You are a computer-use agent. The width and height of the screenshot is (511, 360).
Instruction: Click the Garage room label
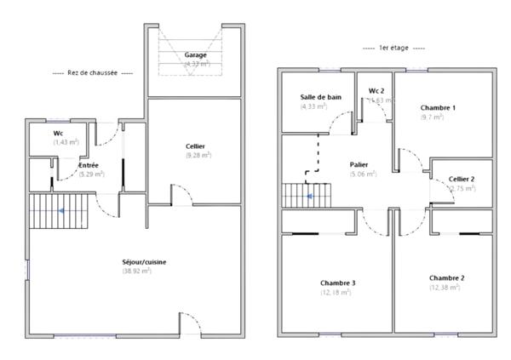tap(196, 55)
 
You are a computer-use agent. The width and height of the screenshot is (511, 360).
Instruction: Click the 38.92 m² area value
tap(136, 271)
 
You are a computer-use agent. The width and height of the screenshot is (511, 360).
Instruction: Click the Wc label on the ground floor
tap(58, 134)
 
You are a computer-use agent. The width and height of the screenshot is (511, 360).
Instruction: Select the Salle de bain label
tap(321, 98)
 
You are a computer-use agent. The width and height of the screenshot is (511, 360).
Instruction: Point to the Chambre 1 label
tap(438, 108)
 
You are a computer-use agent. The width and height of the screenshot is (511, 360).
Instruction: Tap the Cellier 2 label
tap(462, 179)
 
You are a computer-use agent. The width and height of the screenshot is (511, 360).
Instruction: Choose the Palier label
tap(359, 164)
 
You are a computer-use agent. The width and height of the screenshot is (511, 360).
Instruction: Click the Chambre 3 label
tap(338, 283)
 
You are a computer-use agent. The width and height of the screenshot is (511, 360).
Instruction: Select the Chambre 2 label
tap(446, 278)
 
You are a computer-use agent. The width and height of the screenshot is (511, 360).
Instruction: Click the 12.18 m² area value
tap(338, 292)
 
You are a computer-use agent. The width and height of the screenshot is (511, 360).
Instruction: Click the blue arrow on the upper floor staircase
tap(309, 196)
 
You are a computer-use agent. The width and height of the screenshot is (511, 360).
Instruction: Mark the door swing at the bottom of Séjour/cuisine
tap(191, 323)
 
